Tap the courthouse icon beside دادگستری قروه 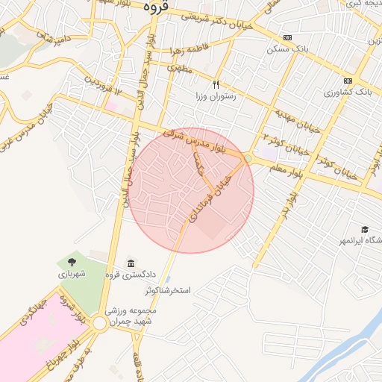tap(131, 263)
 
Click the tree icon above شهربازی tap(72, 262)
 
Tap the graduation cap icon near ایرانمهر tap(365, 229)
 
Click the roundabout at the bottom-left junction tap(99, 324)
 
